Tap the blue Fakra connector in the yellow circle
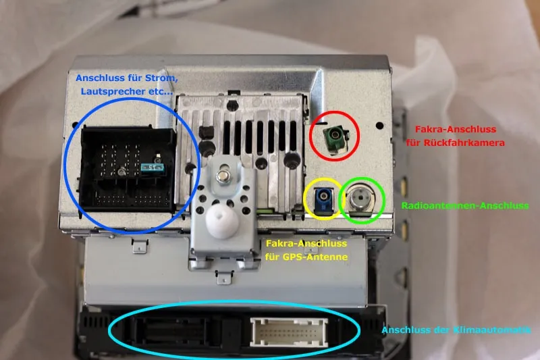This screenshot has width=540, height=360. (323, 199)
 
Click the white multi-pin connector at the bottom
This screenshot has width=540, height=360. (289, 332)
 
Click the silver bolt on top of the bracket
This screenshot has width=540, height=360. (223, 177)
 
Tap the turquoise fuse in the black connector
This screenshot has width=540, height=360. (153, 168)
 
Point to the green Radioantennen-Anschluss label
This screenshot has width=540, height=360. (465, 205)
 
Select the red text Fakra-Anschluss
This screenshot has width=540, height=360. (455, 129)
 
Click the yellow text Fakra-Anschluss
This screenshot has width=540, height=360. (306, 244)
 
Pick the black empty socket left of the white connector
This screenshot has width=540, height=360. (172, 331)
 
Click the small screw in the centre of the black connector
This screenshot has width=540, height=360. (122, 171)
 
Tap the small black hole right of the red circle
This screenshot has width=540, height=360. (379, 126)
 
